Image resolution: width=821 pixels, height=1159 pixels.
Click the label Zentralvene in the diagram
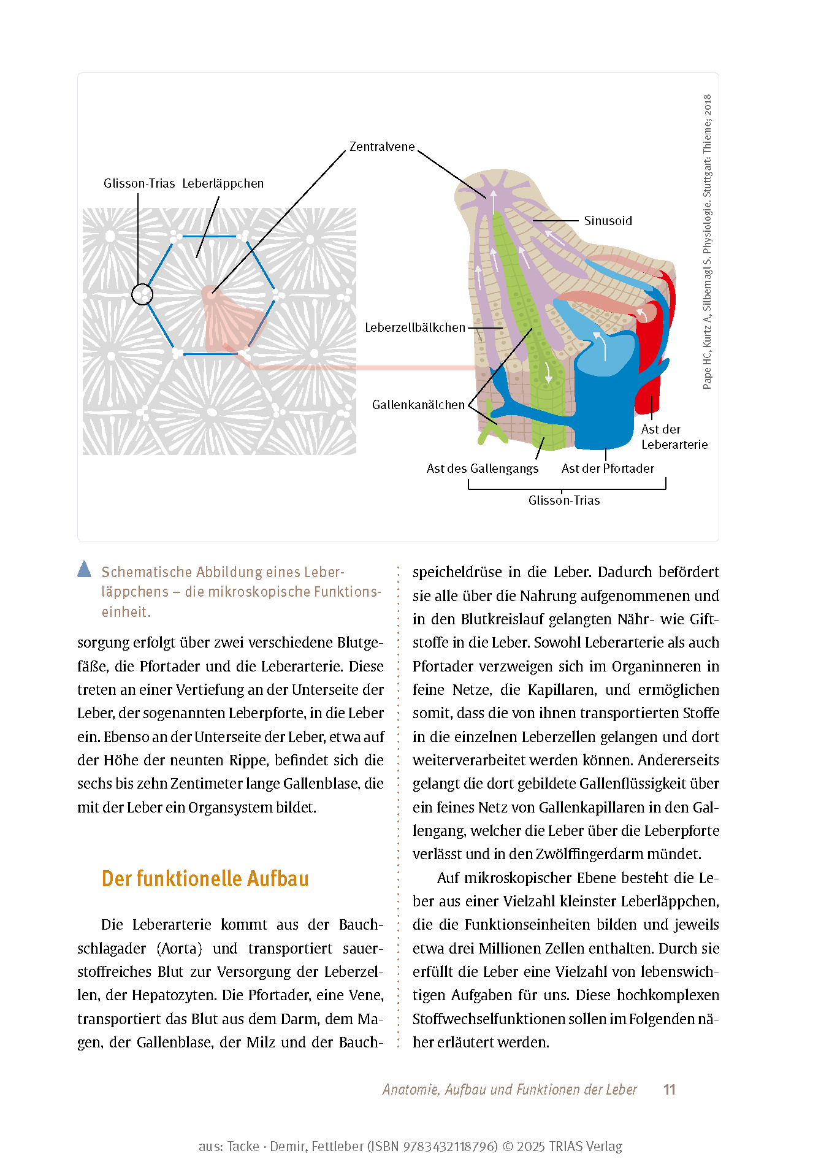click(381, 147)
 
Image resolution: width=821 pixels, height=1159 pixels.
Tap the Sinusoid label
click(608, 221)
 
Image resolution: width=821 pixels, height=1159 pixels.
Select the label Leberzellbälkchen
click(415, 328)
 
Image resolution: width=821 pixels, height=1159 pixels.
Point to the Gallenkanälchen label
click(418, 405)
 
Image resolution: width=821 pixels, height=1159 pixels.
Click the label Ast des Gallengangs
click(483, 469)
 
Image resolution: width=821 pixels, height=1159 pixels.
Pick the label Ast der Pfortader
click(608, 469)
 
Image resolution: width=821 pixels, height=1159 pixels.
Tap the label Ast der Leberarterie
click(674, 437)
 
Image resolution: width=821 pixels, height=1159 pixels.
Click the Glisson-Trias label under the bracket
click(564, 501)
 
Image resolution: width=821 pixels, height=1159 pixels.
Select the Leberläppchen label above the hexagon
click(223, 183)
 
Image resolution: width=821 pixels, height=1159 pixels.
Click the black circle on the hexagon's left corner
click(142, 295)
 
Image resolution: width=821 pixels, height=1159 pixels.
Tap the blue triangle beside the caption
click(85, 570)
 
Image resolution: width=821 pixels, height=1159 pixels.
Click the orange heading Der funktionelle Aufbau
click(205, 879)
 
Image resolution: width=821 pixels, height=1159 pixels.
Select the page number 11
click(669, 1090)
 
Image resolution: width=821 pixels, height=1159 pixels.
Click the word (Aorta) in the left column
click(179, 949)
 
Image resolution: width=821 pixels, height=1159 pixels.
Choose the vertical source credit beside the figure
click(708, 242)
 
